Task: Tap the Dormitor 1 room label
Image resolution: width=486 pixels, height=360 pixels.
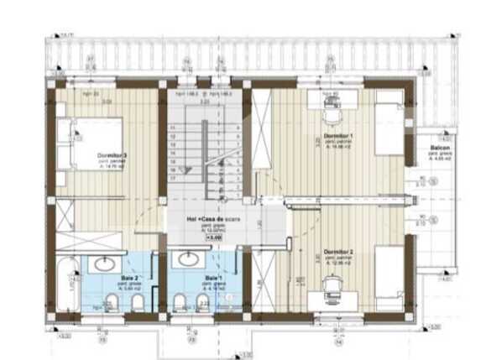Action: point(339,137)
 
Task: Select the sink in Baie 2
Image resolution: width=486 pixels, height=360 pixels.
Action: point(105,263)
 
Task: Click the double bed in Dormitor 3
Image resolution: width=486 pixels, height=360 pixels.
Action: point(92,142)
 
